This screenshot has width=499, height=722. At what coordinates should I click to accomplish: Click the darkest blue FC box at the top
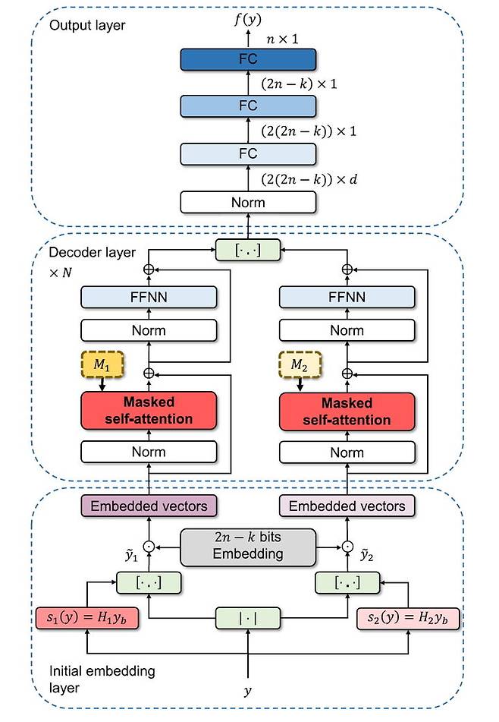pyautogui.click(x=248, y=59)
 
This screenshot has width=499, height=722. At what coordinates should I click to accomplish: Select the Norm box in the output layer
pyautogui.click(x=248, y=203)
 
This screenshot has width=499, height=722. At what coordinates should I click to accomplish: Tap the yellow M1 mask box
pyautogui.click(x=102, y=364)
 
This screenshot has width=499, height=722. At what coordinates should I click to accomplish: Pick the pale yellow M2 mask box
pyautogui.click(x=300, y=364)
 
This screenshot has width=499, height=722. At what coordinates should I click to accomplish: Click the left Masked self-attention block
pyautogui.click(x=149, y=411)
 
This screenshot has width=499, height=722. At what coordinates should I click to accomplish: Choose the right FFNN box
pyautogui.click(x=347, y=297)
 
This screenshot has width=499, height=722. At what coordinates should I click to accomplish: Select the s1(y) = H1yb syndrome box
pyautogui.click(x=87, y=618)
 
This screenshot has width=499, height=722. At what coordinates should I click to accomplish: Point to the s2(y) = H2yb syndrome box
pyautogui.click(x=408, y=618)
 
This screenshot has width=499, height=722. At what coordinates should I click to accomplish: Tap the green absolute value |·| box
pyautogui.click(x=248, y=618)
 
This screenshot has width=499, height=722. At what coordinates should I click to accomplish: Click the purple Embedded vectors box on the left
pyautogui.click(x=149, y=506)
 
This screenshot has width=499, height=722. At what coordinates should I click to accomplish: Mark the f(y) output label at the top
pyautogui.click(x=248, y=19)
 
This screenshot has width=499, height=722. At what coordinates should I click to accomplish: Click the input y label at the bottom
pyautogui.click(x=248, y=691)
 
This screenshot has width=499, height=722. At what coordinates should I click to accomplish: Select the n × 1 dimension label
pyautogui.click(x=282, y=39)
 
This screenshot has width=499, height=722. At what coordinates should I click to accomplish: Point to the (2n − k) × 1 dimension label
pyautogui.click(x=300, y=84)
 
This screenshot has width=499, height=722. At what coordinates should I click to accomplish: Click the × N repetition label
pyautogui.click(x=61, y=273)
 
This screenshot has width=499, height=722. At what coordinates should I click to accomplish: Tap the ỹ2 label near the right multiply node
pyautogui.click(x=366, y=554)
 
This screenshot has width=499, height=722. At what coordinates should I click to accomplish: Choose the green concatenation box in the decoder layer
pyautogui.click(x=248, y=250)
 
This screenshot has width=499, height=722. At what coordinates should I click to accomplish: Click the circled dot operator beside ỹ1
pyautogui.click(x=149, y=547)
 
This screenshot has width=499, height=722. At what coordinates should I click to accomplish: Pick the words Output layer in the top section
pyautogui.click(x=87, y=25)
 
